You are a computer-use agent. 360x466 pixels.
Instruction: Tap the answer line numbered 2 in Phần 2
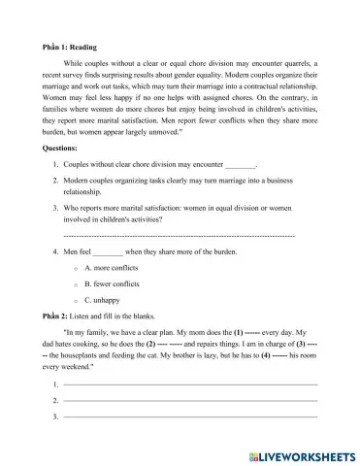coord(190,401)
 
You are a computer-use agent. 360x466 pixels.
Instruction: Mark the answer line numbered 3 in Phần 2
coord(190,416)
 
